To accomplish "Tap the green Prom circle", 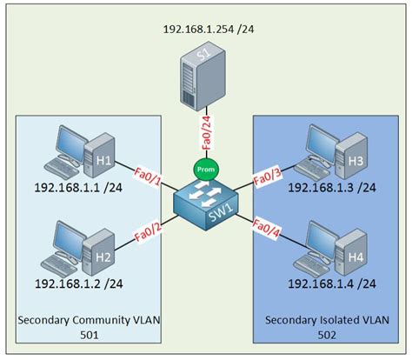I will [x=204, y=170].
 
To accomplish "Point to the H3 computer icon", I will [x=330, y=150].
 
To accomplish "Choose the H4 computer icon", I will [x=330, y=247].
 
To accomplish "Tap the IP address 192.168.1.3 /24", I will [x=331, y=187].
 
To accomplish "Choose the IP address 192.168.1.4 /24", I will [x=331, y=283].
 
